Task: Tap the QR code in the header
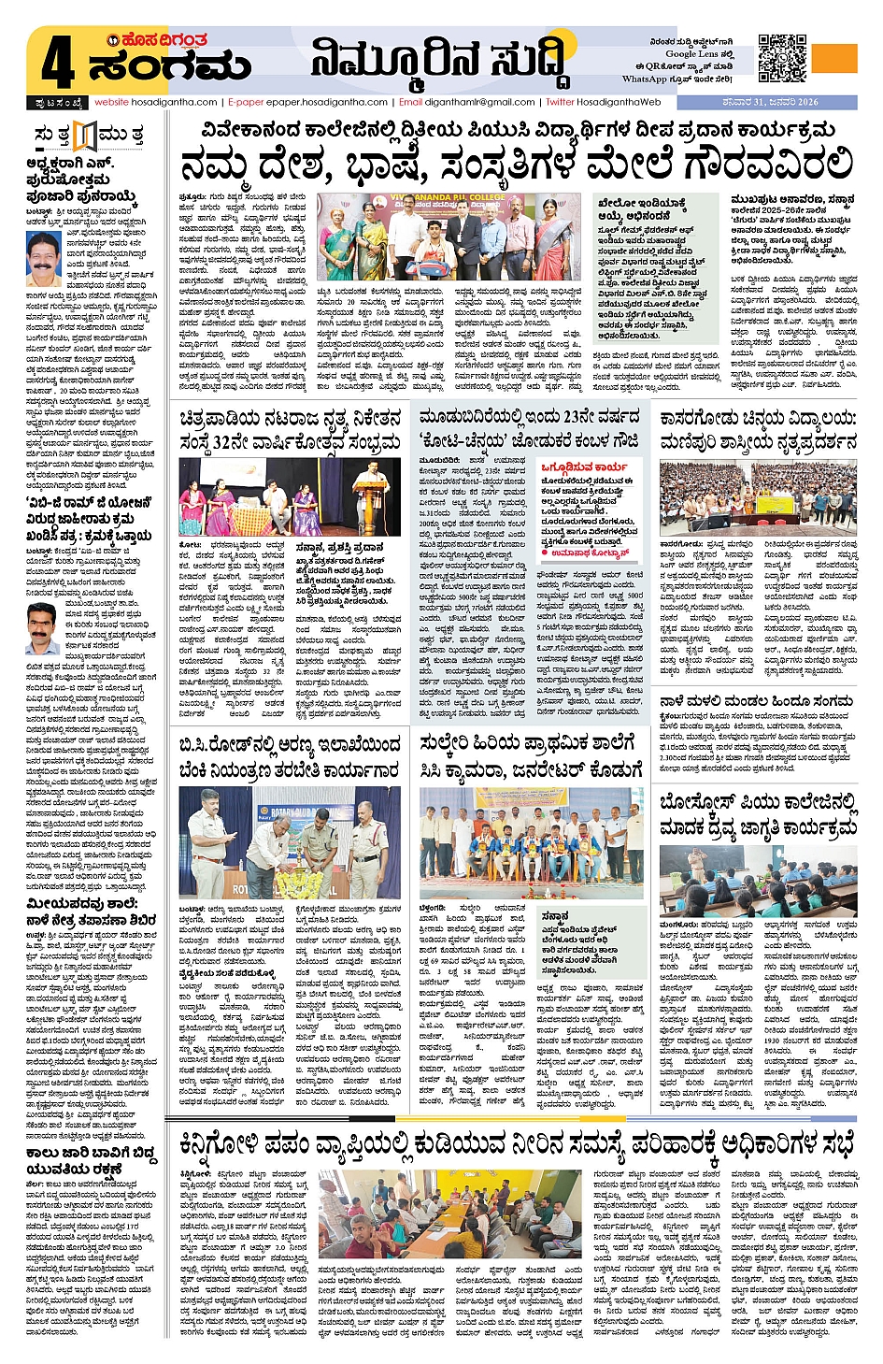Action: [781, 58]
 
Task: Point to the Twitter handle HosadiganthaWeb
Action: [618, 102]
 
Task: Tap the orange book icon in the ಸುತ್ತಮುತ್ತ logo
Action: [85, 136]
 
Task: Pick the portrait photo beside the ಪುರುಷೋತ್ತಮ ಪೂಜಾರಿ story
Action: [44, 260]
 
